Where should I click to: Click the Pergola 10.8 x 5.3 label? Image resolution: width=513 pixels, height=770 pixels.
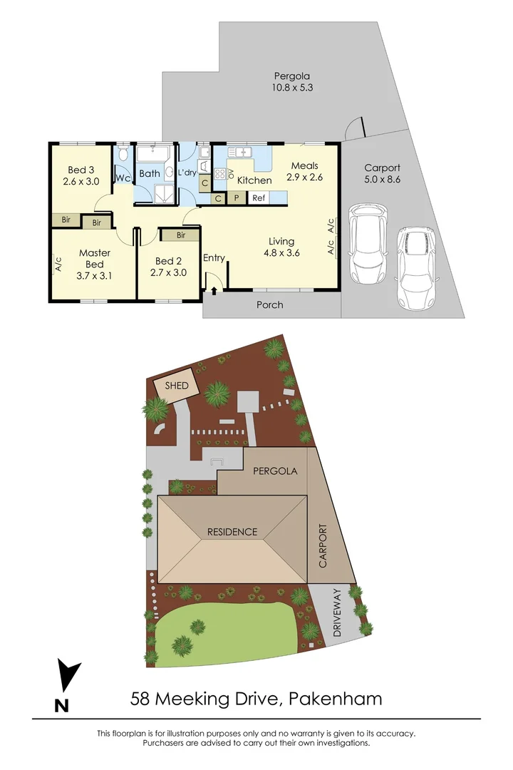click(294, 82)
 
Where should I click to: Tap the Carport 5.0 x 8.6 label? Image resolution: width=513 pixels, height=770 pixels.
click(382, 174)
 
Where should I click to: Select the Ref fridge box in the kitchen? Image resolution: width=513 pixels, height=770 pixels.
click(259, 199)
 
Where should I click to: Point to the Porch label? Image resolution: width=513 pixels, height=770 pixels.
click(269, 305)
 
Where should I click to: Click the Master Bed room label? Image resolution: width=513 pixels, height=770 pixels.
click(94, 258)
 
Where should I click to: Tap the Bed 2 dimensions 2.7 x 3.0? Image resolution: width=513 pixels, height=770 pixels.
click(170, 272)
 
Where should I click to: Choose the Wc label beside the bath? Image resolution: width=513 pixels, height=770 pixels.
click(122, 178)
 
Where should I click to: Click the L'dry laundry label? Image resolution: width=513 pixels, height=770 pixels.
click(187, 173)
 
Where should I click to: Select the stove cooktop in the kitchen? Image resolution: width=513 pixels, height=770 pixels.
click(220, 174)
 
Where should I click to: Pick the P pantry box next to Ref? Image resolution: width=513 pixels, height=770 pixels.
click(236, 199)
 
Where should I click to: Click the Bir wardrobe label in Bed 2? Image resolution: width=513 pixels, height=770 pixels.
click(181, 235)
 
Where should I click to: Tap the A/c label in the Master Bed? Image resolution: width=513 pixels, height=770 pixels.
click(58, 265)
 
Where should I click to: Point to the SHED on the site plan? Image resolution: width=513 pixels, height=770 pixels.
click(177, 386)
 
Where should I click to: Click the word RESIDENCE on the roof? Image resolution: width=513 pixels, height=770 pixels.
click(232, 532)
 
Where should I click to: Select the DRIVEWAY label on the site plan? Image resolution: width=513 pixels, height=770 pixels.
click(338, 612)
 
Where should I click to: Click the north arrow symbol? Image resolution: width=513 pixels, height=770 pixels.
click(68, 677)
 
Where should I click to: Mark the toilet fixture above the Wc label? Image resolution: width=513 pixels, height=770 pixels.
click(123, 155)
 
